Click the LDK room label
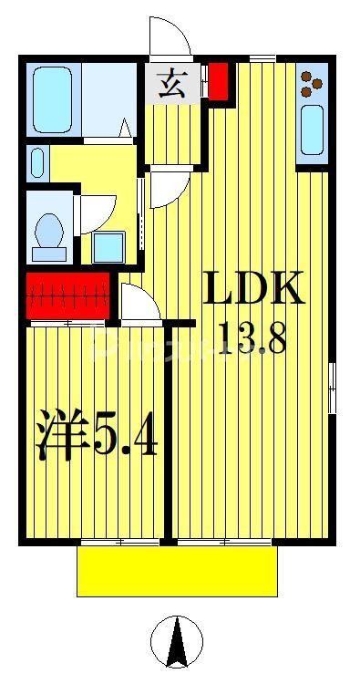[x=252, y=292]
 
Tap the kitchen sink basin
[x=310, y=129]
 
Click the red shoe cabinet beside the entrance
[x=217, y=82]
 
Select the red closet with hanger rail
[x=68, y=297]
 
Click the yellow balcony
[x=177, y=571]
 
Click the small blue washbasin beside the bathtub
[x=36, y=163]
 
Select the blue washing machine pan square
[x=109, y=247]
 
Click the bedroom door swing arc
[x=139, y=304]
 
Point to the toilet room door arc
[x=97, y=210]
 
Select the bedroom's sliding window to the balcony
[x=118, y=543]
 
